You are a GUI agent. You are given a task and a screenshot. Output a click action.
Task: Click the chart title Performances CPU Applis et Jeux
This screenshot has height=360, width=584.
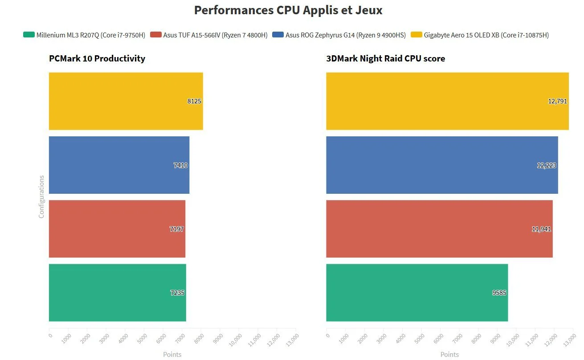288,10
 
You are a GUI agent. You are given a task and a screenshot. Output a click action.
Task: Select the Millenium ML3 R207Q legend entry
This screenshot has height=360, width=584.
85,35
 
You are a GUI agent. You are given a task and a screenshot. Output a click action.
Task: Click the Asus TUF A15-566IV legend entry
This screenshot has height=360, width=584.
209,35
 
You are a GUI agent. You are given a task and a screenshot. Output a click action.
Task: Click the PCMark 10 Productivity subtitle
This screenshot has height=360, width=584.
97,58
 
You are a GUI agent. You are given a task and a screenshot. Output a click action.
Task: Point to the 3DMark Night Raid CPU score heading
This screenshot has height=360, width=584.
385,58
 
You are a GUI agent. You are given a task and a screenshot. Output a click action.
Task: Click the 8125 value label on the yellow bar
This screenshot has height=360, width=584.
194,101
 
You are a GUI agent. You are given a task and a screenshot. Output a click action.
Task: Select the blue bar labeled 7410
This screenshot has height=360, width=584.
119,165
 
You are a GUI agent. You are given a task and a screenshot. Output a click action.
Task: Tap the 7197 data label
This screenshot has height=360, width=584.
176,229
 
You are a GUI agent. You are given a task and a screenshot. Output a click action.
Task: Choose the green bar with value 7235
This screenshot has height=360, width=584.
117,293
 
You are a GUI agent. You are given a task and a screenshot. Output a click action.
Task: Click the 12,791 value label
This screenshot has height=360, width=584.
557,101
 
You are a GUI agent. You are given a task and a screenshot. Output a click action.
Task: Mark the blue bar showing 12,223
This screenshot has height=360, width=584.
442,165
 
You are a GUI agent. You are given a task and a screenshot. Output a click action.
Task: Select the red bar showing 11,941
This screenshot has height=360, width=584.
439,229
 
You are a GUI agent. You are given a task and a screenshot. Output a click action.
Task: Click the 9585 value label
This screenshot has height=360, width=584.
499,293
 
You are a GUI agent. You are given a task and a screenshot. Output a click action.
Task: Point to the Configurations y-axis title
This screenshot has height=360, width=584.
41,196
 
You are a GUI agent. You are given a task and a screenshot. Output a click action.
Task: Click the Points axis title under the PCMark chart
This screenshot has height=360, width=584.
172,355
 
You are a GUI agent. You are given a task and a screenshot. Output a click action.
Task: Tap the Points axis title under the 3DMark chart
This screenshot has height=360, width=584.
449,355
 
